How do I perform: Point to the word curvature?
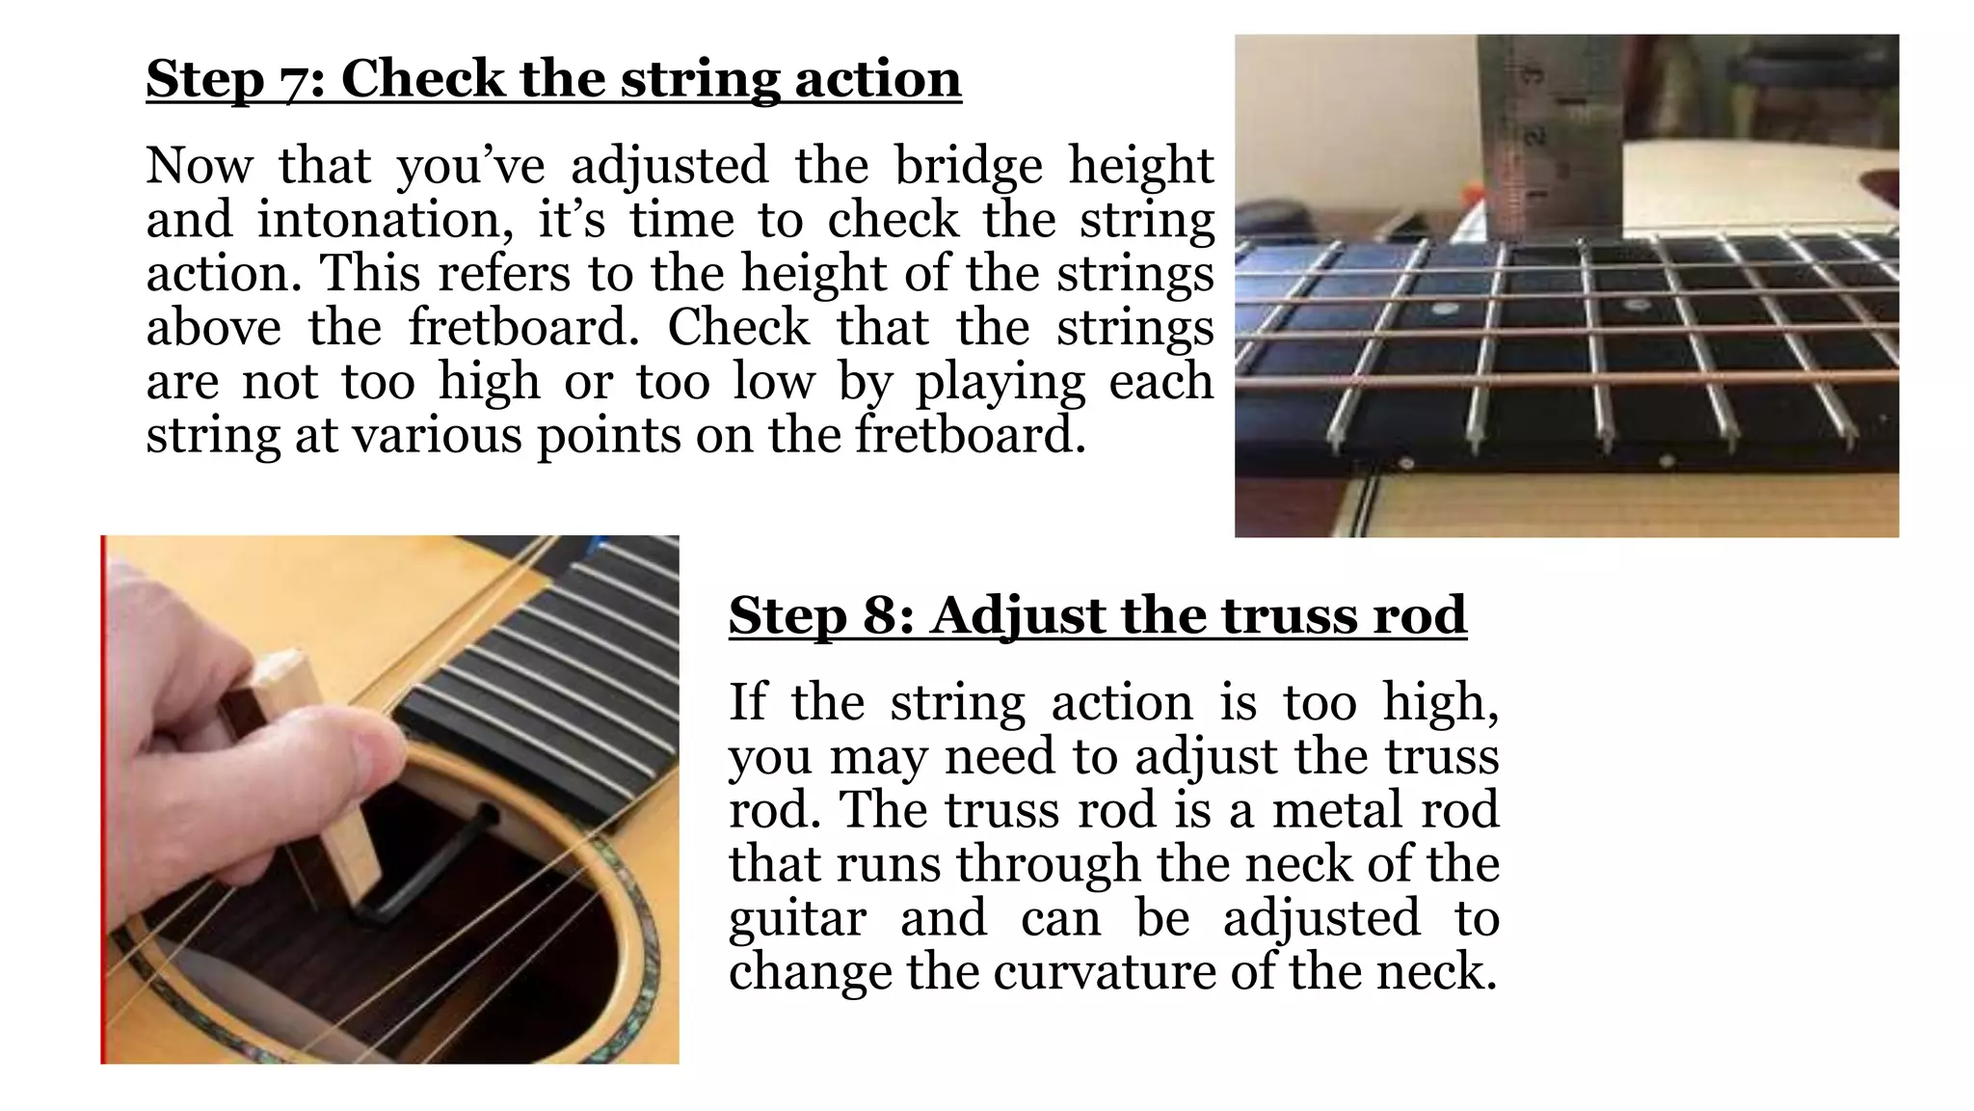(1105, 971)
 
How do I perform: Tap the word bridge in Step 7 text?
(968, 166)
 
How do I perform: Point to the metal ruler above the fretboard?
(1550, 135)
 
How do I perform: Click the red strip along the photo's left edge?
(103, 800)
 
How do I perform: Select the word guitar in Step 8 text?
(797, 917)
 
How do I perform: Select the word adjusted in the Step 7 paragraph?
(669, 166)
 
